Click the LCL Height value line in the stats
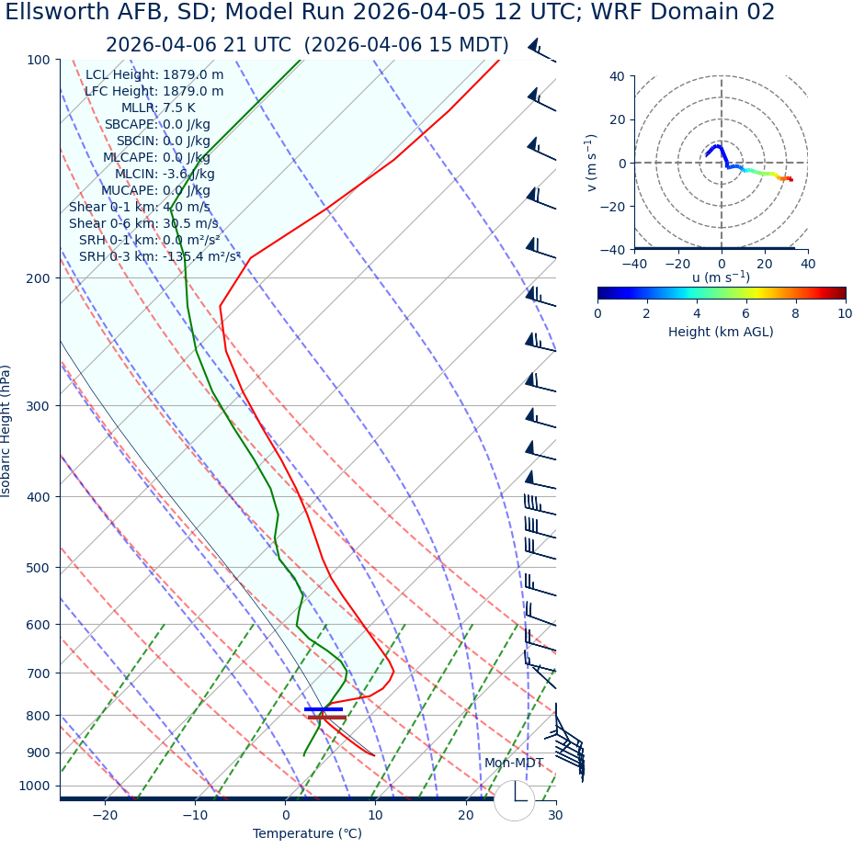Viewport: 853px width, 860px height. pyautogui.click(x=154, y=75)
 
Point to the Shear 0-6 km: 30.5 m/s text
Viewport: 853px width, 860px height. pyautogui.click(x=143, y=224)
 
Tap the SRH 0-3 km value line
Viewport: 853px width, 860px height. pyautogui.click(x=159, y=257)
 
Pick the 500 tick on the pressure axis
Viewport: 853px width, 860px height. pyautogui.click(x=38, y=568)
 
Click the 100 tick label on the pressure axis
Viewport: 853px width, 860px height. pyautogui.click(x=38, y=60)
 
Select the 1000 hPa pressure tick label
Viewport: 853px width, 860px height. pyautogui.click(x=34, y=786)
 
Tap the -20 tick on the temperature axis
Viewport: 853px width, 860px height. pyautogui.click(x=105, y=816)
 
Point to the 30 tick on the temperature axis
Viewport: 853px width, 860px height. pyautogui.click(x=555, y=816)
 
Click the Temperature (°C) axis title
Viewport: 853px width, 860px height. pyautogui.click(x=307, y=834)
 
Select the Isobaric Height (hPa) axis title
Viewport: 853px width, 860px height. pyautogui.click(x=7, y=431)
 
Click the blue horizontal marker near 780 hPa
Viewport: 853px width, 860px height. pyautogui.click(x=324, y=709)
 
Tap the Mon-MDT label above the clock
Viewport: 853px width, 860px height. pyautogui.click(x=514, y=764)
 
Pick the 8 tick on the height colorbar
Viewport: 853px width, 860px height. pyautogui.click(x=795, y=313)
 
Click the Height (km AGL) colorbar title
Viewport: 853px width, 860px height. pyautogui.click(x=721, y=332)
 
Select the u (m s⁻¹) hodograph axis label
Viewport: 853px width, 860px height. pyautogui.click(x=721, y=277)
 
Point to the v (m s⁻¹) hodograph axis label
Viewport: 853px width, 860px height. pyautogui.click(x=592, y=163)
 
